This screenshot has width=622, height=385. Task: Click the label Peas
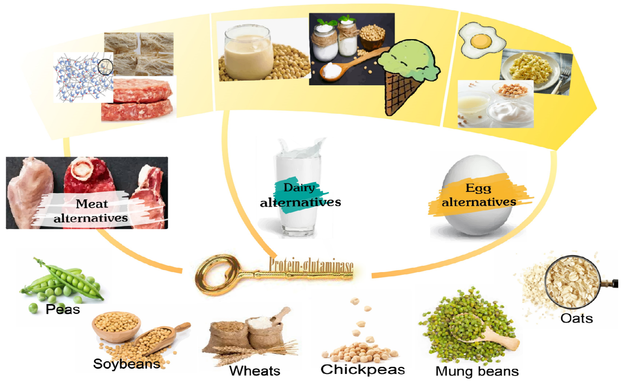coord(63,310)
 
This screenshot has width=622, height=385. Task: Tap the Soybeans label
coord(127,364)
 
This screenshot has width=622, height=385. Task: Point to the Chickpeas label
coord(362,369)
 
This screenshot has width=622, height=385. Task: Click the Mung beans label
coord(477,371)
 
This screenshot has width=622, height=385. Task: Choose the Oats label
coord(576,318)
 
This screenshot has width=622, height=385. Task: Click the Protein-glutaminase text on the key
coord(311,265)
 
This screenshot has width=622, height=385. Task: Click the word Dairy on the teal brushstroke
coord(299,188)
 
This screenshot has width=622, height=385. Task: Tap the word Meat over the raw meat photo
coord(92,204)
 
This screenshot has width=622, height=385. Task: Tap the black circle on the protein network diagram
coord(105,67)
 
